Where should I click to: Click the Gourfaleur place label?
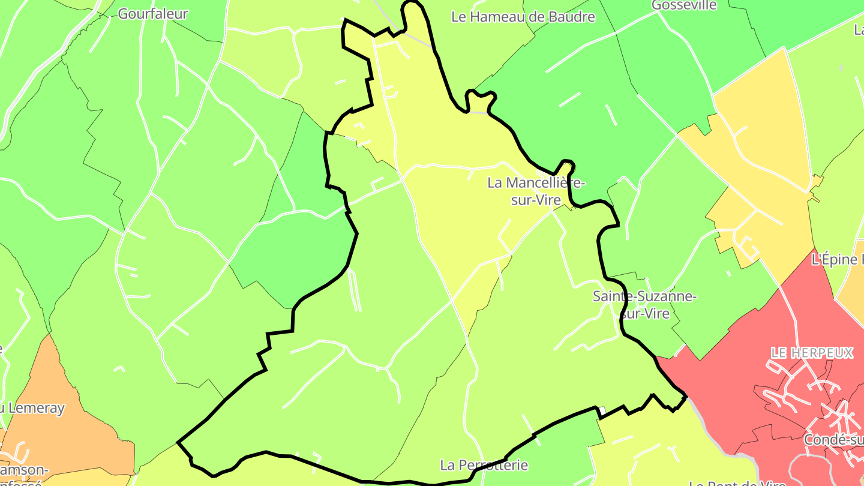(x=153, y=14)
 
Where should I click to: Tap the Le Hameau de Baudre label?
(x=523, y=17)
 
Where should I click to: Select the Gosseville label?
(x=684, y=5)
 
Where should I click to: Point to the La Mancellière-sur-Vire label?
(x=536, y=191)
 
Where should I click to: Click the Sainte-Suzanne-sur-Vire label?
(x=644, y=304)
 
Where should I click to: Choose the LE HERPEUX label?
(x=812, y=352)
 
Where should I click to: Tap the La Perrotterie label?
(x=484, y=465)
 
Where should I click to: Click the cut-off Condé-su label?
(x=834, y=440)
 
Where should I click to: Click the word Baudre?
(x=570, y=17)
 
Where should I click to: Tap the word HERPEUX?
(x=823, y=352)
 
